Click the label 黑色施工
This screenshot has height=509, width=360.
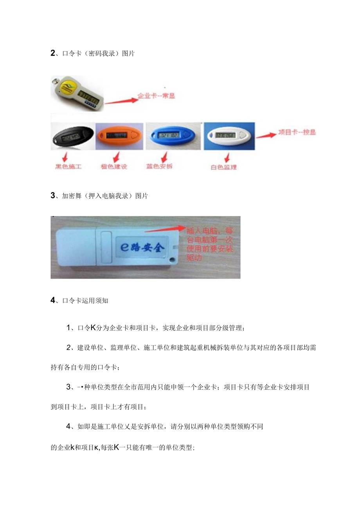pyautogui.click(x=68, y=166)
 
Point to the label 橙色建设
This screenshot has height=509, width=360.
pyautogui.click(x=114, y=166)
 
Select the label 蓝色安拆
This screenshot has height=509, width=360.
pyautogui.click(x=159, y=166)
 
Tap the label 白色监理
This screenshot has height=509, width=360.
pyautogui.click(x=223, y=167)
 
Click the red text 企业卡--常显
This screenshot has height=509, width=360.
pyautogui.click(x=156, y=96)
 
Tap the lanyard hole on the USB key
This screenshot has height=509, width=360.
pyautogui.click(x=171, y=259)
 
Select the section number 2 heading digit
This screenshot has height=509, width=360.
pyautogui.click(x=53, y=54)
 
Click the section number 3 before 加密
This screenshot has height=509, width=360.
pyautogui.click(x=53, y=196)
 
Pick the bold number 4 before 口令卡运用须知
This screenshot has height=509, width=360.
pyautogui.click(x=53, y=301)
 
